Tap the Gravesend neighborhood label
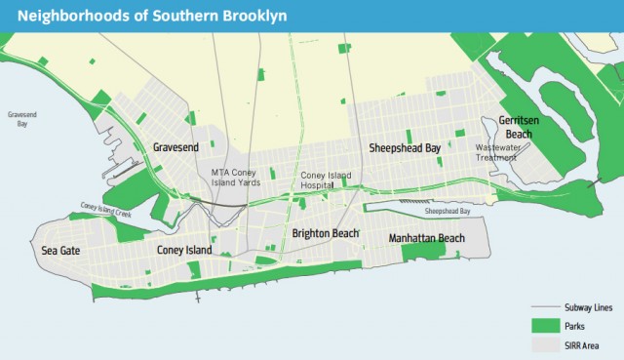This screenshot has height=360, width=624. (177, 147)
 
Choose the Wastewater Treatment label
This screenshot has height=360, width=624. (497, 153)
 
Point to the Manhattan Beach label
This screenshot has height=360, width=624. (426, 238)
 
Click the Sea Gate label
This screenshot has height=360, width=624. (60, 251)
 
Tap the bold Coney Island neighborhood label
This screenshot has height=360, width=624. (184, 251)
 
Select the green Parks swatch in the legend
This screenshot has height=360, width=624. (547, 326)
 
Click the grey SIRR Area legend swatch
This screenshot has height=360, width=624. (547, 344)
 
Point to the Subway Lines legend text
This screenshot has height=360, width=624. (589, 308)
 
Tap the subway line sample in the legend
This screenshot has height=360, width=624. (547, 308)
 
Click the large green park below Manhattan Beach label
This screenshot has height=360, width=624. (423, 252)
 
